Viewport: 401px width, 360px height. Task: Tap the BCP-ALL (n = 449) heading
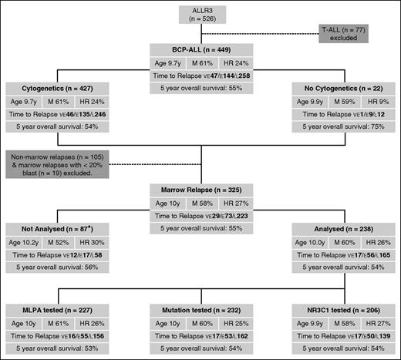(x=200, y=50)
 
